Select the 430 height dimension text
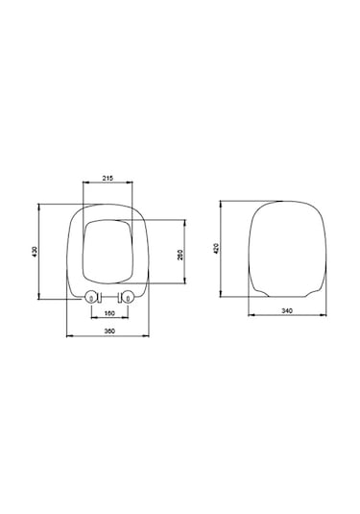[35, 251]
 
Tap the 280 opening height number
[180, 254]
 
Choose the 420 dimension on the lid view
[218, 251]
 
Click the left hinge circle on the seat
[92, 297]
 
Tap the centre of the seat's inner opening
[108, 252]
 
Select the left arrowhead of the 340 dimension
[249, 316]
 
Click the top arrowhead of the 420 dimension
[223, 202]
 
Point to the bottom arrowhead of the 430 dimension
[39, 300]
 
